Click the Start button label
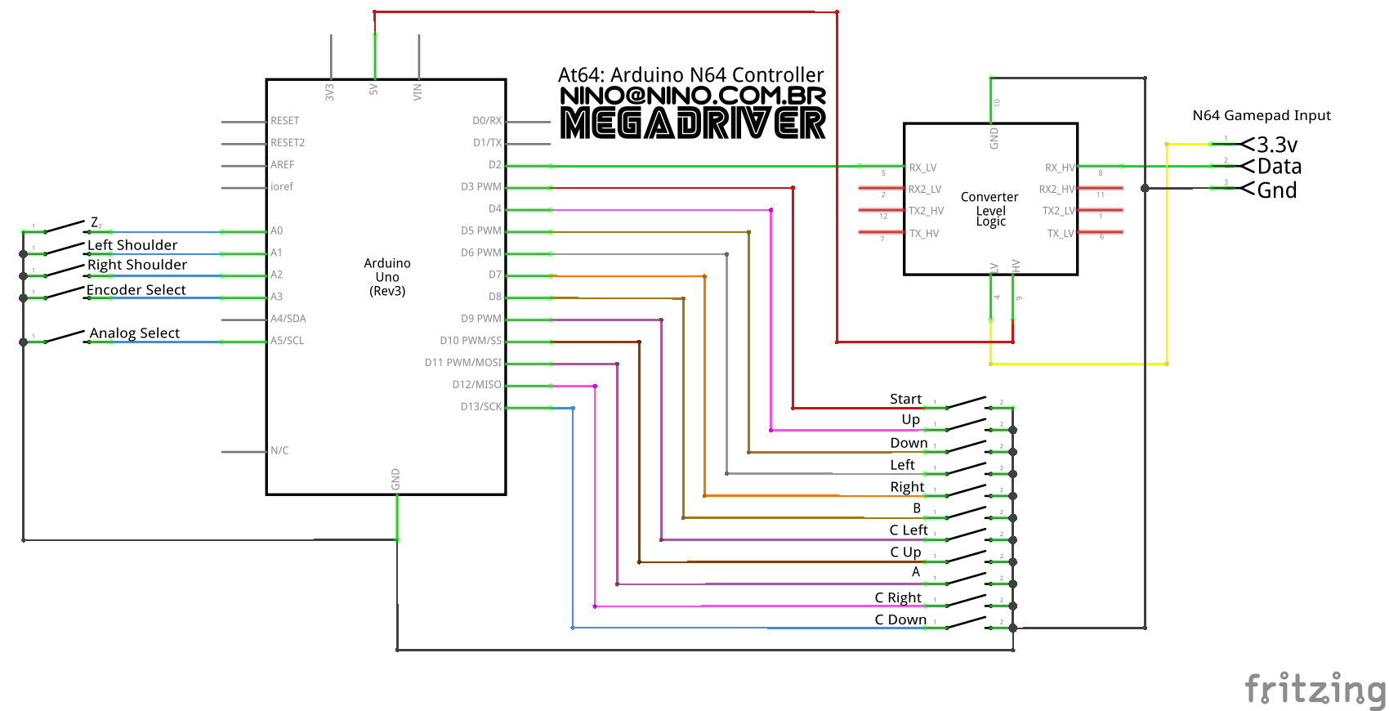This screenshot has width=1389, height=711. coord(905,399)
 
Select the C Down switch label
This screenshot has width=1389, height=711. coord(900,619)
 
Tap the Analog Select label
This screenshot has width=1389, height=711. coord(135,333)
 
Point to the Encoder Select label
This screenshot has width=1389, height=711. coord(136,289)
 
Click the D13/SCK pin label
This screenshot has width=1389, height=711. coord(481,406)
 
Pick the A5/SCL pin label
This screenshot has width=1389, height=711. coord(288,341)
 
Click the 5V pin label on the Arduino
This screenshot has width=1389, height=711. coord(374,89)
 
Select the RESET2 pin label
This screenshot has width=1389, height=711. coord(288,142)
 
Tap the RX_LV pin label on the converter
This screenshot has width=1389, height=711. coord(923,168)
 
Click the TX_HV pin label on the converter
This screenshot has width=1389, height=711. coord(924,234)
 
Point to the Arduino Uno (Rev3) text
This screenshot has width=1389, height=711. coord(387,277)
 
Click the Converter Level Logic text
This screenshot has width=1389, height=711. coord(989,208)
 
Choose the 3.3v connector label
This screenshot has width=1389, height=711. coord(1277,145)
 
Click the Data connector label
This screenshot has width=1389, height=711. coord(1280,167)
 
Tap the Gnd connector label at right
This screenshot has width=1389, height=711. coord(1277,190)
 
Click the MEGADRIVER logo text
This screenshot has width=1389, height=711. coord(693,123)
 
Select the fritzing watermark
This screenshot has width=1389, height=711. coord(1315,689)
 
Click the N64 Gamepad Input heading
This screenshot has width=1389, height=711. coord(1262,115)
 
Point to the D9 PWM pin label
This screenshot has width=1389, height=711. coord(481,319)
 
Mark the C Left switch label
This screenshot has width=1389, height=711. coord(909,530)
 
